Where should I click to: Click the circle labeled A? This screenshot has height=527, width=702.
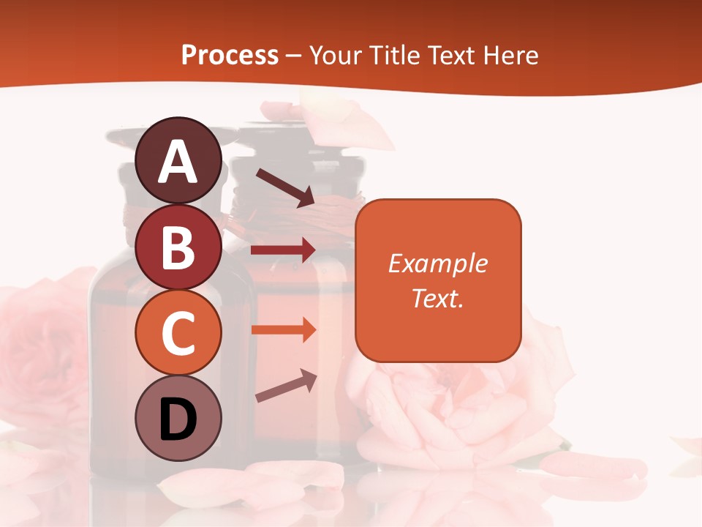178,161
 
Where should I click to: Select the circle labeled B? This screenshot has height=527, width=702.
178,247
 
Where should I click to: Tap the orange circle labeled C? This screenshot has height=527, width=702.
178,333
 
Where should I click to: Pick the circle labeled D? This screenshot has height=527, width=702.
178,419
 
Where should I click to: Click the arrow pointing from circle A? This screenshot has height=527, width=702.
284,187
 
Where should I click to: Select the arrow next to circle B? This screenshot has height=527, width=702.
283,250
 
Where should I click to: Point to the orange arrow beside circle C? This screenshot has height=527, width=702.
283,329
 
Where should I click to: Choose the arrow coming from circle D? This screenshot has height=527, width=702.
286,386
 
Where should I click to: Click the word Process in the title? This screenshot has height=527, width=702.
230,56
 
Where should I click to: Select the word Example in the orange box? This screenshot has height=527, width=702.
438,263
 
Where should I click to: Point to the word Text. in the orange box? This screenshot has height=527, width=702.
438,298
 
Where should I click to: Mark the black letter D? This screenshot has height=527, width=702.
178,420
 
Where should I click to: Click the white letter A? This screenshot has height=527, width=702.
178,162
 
